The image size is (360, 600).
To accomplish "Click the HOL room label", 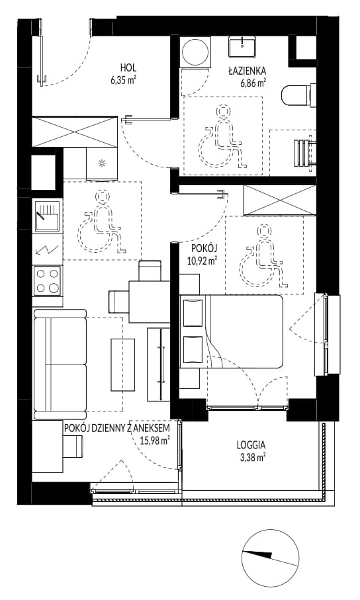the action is tap(128, 68).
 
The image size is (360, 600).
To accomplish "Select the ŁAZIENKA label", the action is tap(247, 71).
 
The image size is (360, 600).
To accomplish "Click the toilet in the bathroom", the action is tap(298, 95).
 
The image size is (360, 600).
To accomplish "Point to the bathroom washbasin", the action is tap(242, 47).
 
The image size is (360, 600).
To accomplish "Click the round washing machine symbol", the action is tap(195, 52).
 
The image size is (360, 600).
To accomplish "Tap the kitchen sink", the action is tap(47, 216).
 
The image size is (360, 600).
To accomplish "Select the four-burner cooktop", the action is tap(47, 281).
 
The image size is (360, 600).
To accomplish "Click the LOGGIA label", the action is tap(251, 445).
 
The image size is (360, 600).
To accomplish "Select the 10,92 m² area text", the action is tap(202, 261).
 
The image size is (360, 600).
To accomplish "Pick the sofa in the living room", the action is tap(60, 364).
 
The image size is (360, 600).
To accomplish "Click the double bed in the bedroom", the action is tap(232, 331).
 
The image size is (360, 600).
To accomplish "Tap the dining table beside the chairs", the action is tap(150, 302).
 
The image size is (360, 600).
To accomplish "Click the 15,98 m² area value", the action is tap(156, 441).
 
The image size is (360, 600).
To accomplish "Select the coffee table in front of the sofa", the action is tap(122, 364).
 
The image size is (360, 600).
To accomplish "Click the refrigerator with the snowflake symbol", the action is tap(102, 164).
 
